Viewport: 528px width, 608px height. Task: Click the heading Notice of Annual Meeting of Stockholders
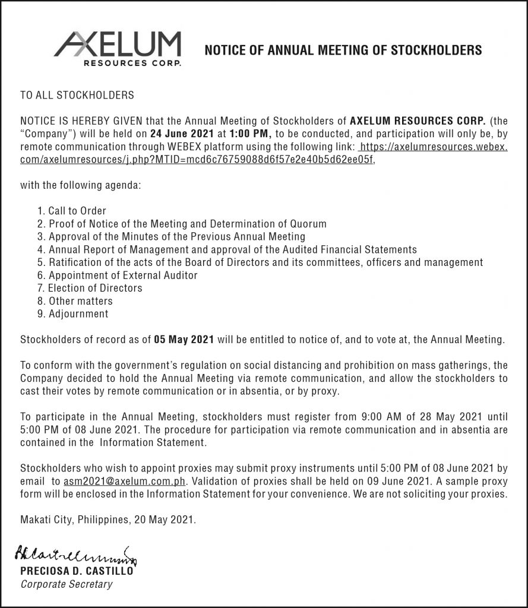pos(343,50)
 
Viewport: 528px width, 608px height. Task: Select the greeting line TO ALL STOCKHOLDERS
pos(77,95)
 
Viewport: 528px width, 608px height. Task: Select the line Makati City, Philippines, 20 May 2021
pos(108,520)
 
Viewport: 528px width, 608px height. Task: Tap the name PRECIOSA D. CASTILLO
pos(77,572)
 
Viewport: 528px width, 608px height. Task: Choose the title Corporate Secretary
pos(66,585)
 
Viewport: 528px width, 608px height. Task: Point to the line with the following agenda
pos(81,185)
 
